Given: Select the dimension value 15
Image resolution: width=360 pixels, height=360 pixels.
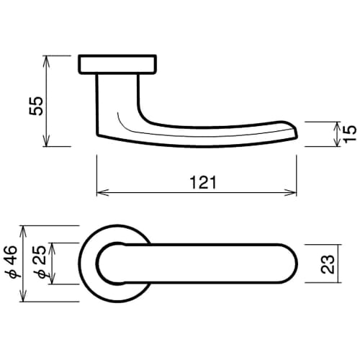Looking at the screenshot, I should (351, 134).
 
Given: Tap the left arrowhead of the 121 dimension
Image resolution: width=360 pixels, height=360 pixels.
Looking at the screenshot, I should (100, 192).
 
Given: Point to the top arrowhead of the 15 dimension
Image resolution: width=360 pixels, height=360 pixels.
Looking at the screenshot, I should (337, 125).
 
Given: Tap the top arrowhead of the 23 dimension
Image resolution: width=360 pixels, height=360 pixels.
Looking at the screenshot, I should (312, 246).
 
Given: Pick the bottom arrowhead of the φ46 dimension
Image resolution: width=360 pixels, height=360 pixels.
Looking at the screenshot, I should (25, 302).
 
